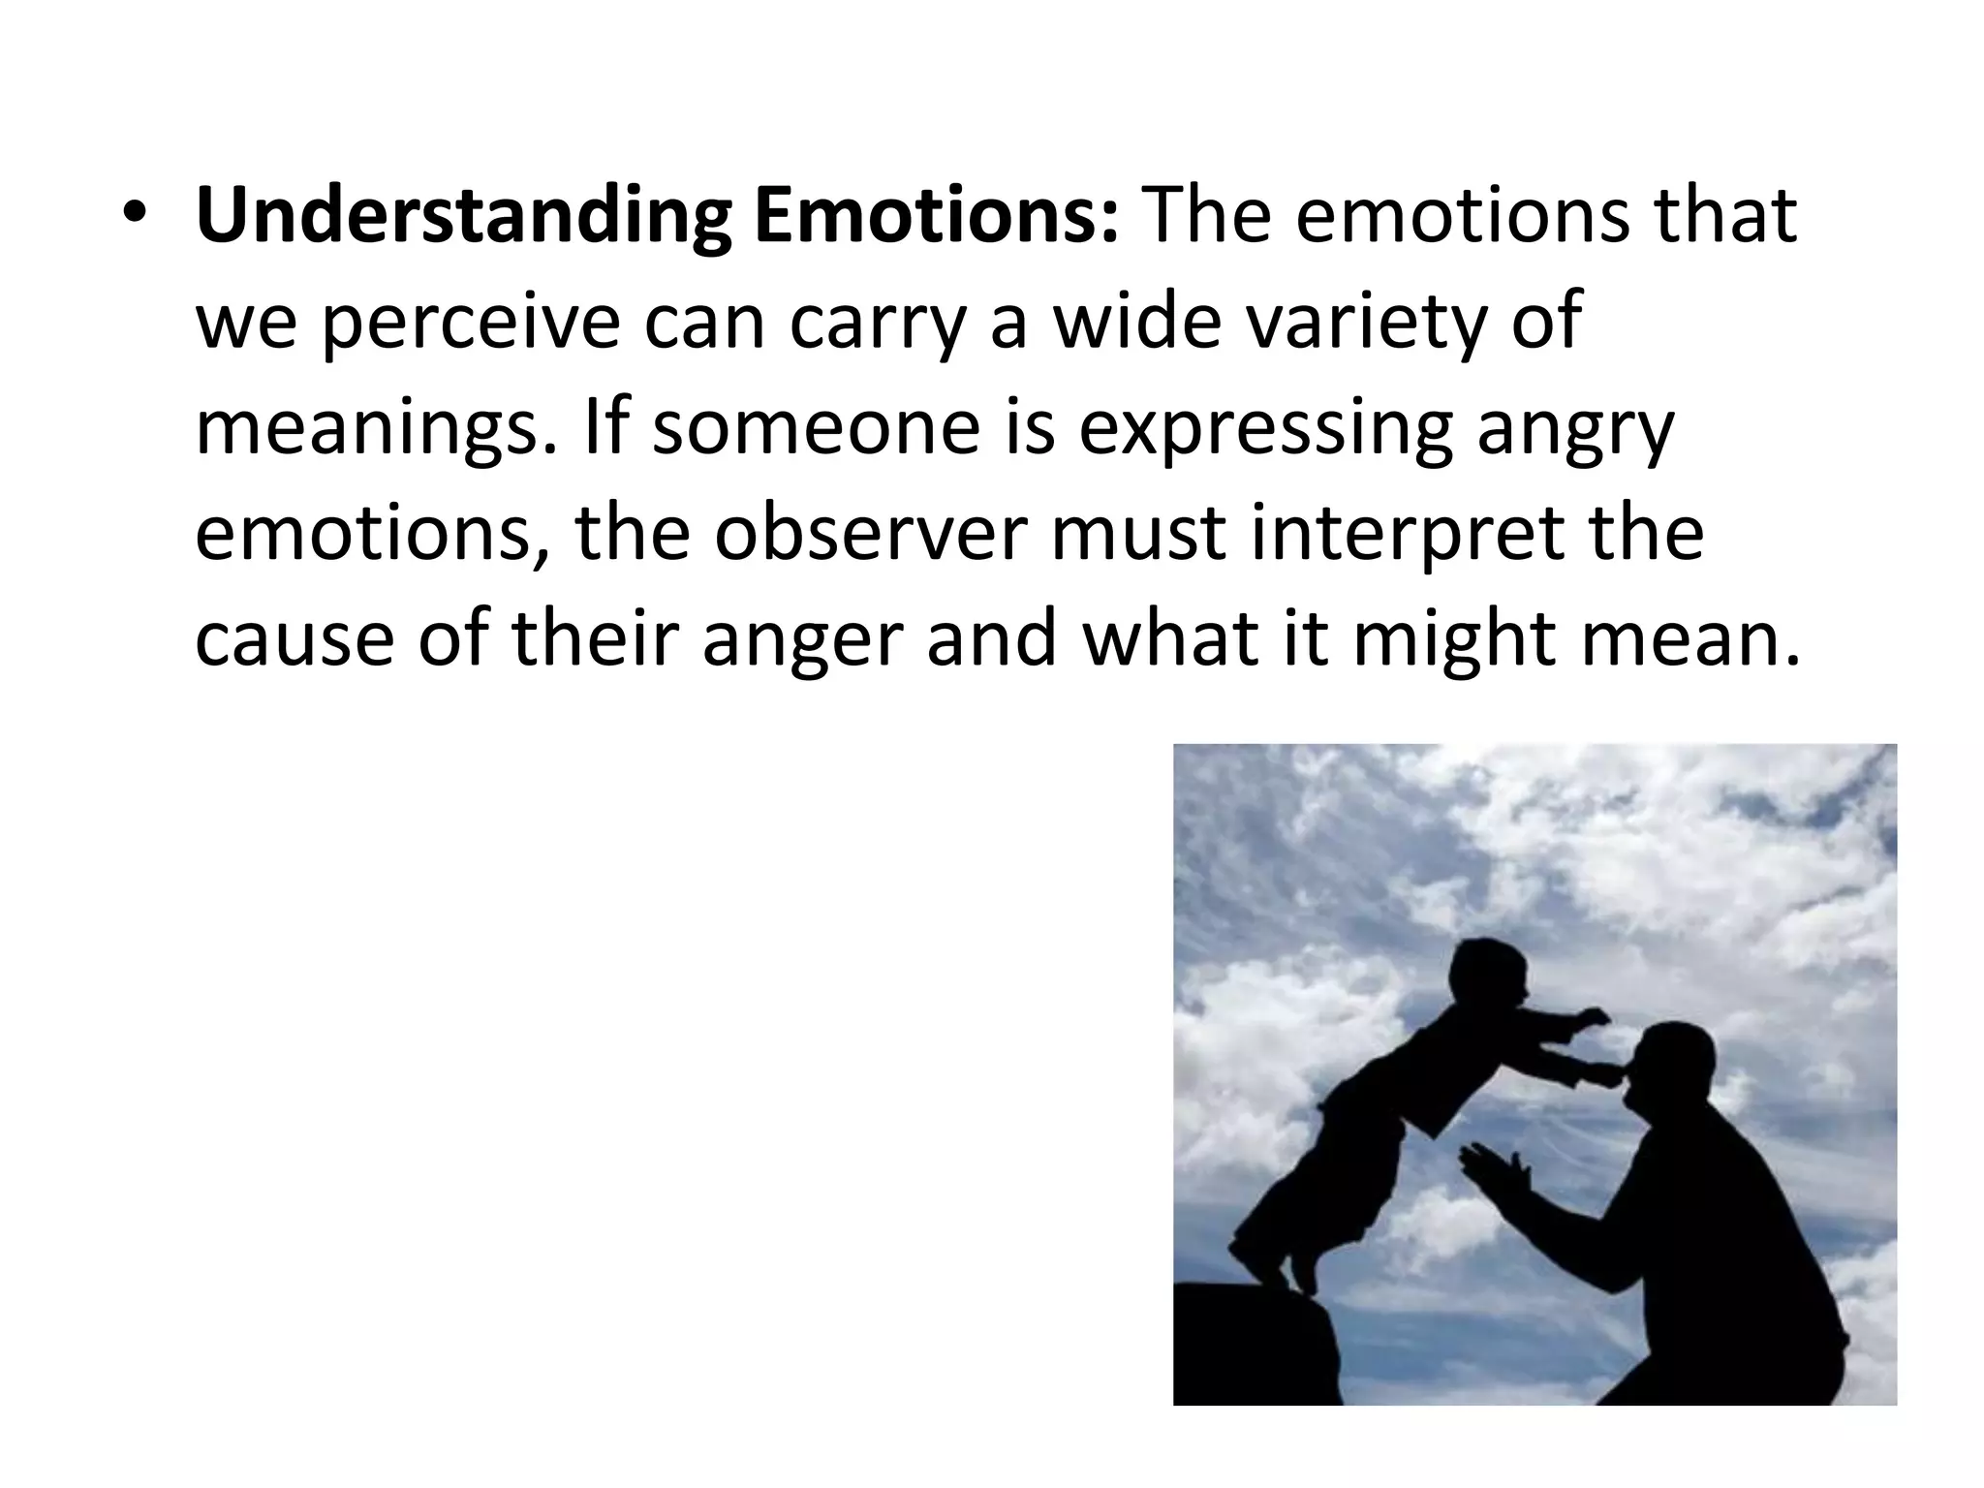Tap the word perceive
click(469, 324)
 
